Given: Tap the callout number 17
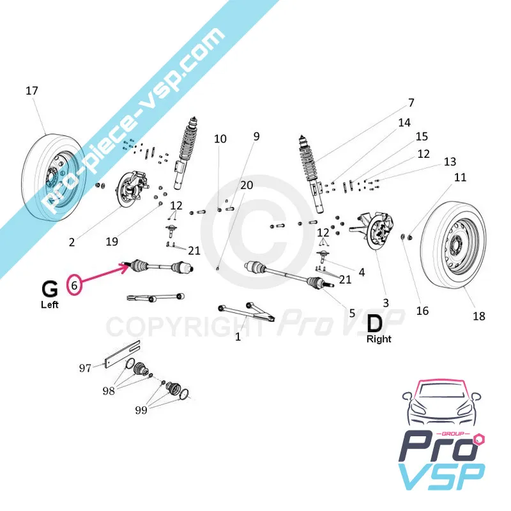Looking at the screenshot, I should coord(32,91).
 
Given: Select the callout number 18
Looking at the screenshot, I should coord(478,316).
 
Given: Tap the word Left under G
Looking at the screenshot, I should coord(49,305).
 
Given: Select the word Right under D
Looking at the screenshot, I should coord(379,339).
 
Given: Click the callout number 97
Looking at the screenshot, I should coord(85,367).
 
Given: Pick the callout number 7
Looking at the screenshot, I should coord(411,102).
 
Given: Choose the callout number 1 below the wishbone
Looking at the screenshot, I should coord(238,337).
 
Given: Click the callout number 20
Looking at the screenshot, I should coord(247,185).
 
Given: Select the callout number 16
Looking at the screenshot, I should coord(422,311).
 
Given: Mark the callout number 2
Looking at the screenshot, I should coord(72,242).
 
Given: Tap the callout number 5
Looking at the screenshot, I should coord(351,313).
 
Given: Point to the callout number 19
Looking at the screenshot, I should coord(112,242).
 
